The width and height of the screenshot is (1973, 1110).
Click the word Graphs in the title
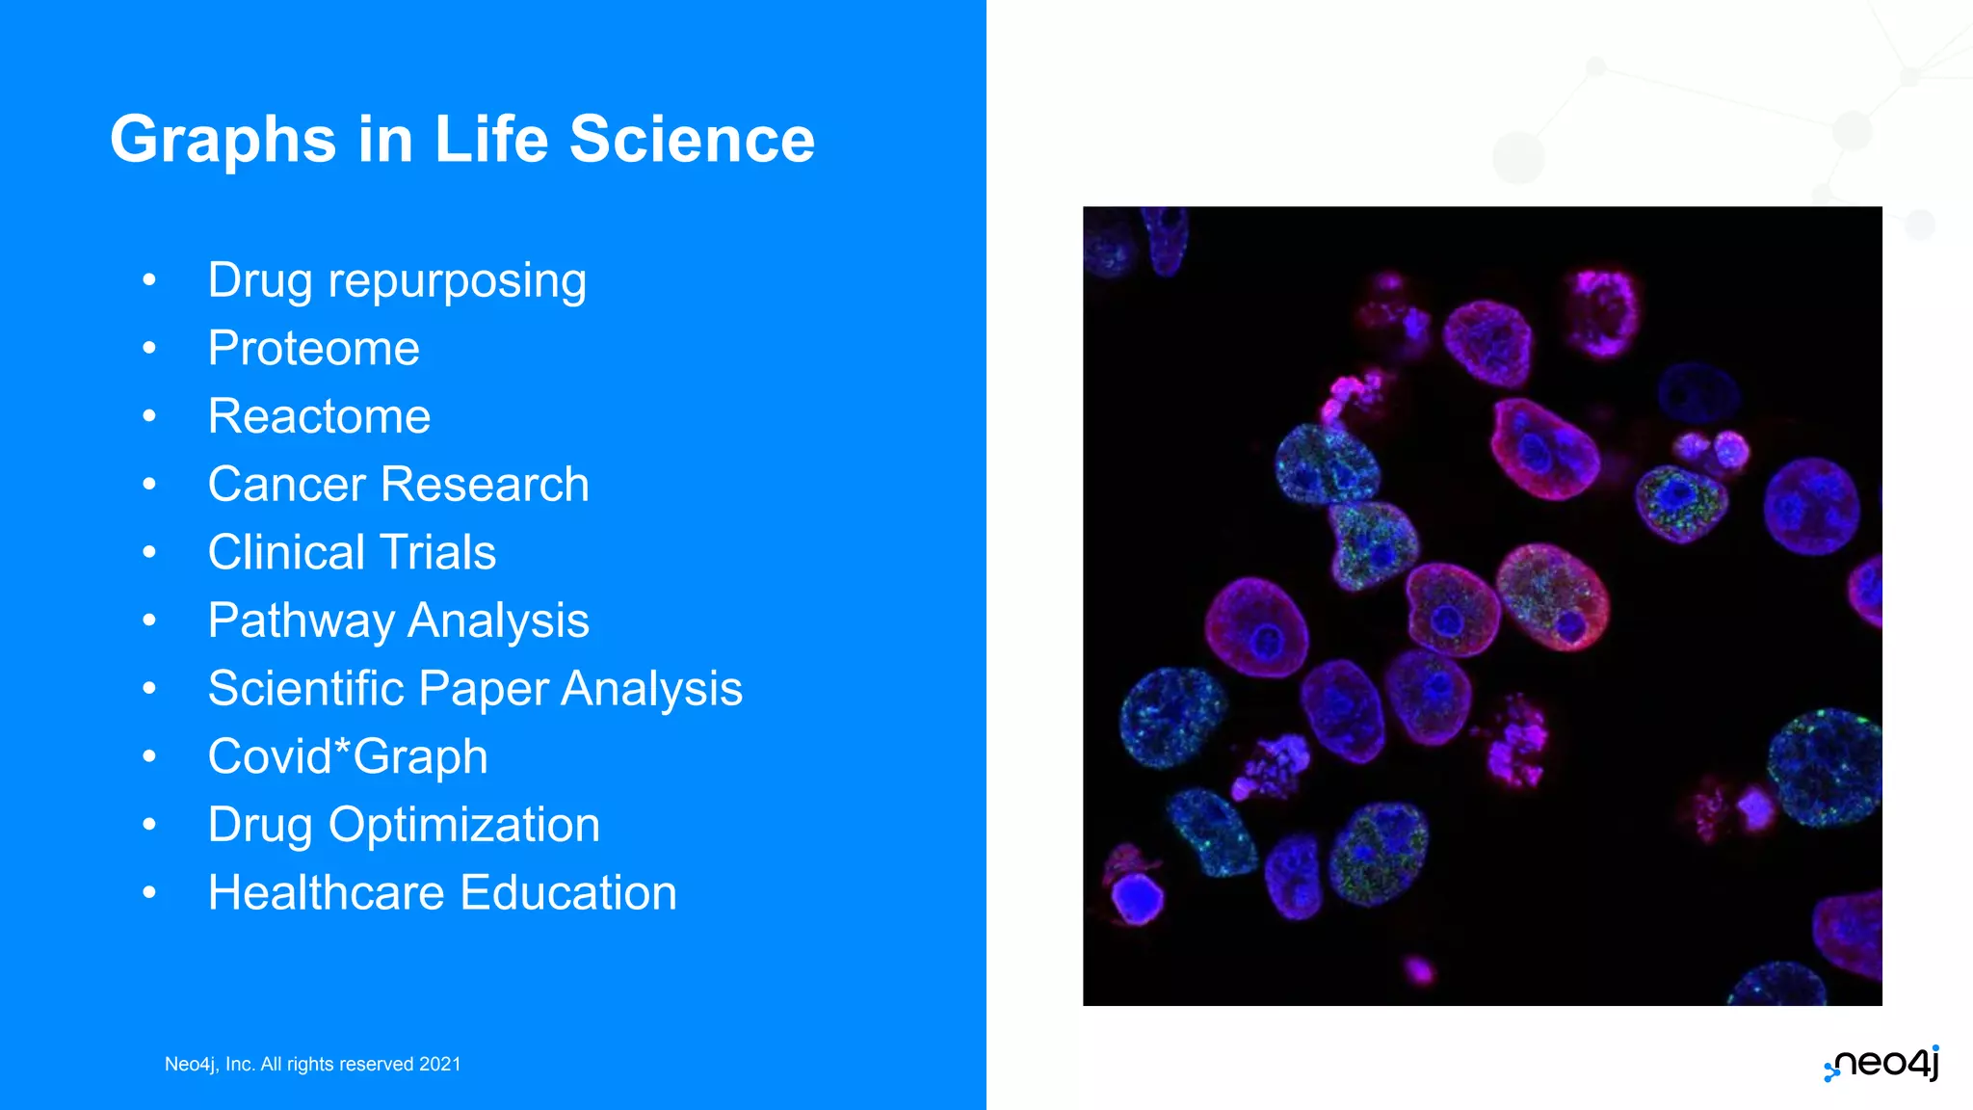coord(223,141)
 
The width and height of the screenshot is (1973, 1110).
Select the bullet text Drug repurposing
coord(397,281)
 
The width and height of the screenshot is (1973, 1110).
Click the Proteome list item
coord(313,348)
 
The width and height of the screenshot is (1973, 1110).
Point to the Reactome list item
coord(319,416)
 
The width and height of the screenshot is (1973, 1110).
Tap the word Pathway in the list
coord(300,621)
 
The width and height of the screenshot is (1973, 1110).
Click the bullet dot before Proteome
coord(148,348)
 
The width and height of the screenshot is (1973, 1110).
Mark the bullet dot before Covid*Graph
coord(148,756)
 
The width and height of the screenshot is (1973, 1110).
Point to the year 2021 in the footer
coord(440,1064)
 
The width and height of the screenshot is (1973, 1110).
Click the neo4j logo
coord(1881,1063)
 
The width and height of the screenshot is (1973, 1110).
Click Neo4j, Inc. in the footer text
coord(209,1064)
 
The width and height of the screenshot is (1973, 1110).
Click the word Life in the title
coord(490,139)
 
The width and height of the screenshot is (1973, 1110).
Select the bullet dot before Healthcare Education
coord(148,892)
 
